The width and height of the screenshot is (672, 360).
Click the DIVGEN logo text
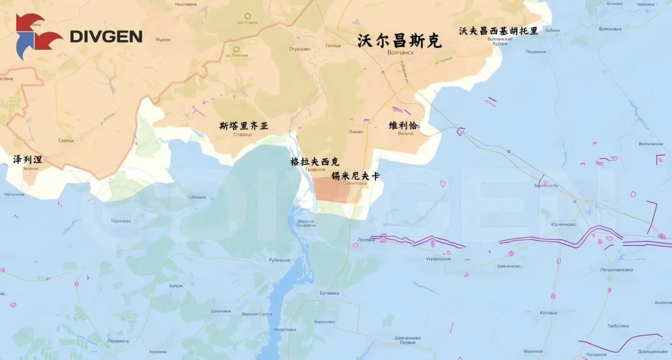(x=106, y=37)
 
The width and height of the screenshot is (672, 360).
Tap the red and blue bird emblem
(x=37, y=36)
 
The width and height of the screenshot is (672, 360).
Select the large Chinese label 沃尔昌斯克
(x=400, y=41)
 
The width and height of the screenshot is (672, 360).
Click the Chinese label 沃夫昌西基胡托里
(x=498, y=31)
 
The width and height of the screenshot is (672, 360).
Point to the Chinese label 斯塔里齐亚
(x=244, y=126)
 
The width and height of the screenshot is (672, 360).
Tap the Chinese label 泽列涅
(x=28, y=160)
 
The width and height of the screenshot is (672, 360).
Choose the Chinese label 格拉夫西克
(x=315, y=162)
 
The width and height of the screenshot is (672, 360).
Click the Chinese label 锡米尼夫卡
(x=355, y=176)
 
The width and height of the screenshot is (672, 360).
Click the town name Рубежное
(x=279, y=260)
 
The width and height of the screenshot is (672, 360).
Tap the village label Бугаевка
(x=329, y=293)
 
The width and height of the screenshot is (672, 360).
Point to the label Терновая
(x=121, y=221)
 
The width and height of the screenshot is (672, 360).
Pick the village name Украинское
(x=438, y=259)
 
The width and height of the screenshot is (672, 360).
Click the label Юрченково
(x=563, y=225)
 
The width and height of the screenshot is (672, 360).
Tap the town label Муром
(x=163, y=40)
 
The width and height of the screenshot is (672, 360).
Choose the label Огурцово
(x=299, y=49)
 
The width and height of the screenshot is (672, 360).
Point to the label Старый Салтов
(x=257, y=314)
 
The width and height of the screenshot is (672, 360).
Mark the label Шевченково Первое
(x=407, y=340)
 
